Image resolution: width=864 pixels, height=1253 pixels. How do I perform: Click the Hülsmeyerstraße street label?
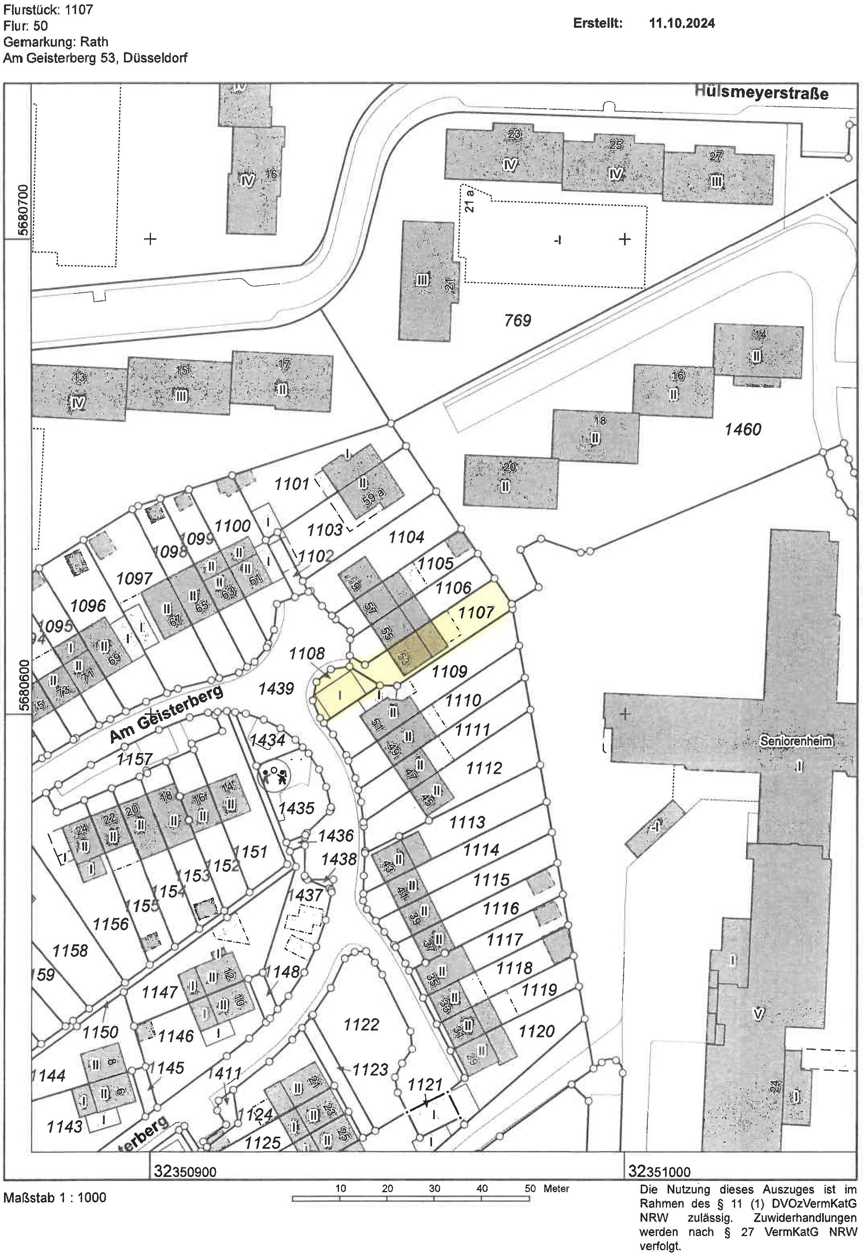(762, 93)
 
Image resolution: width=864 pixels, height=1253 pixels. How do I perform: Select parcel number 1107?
(476, 613)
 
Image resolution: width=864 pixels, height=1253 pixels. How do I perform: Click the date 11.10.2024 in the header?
(682, 23)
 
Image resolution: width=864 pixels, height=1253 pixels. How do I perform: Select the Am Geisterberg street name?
(166, 715)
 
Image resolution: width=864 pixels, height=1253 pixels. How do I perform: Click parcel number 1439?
(276, 688)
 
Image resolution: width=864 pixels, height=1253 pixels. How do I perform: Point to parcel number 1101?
(292, 483)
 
